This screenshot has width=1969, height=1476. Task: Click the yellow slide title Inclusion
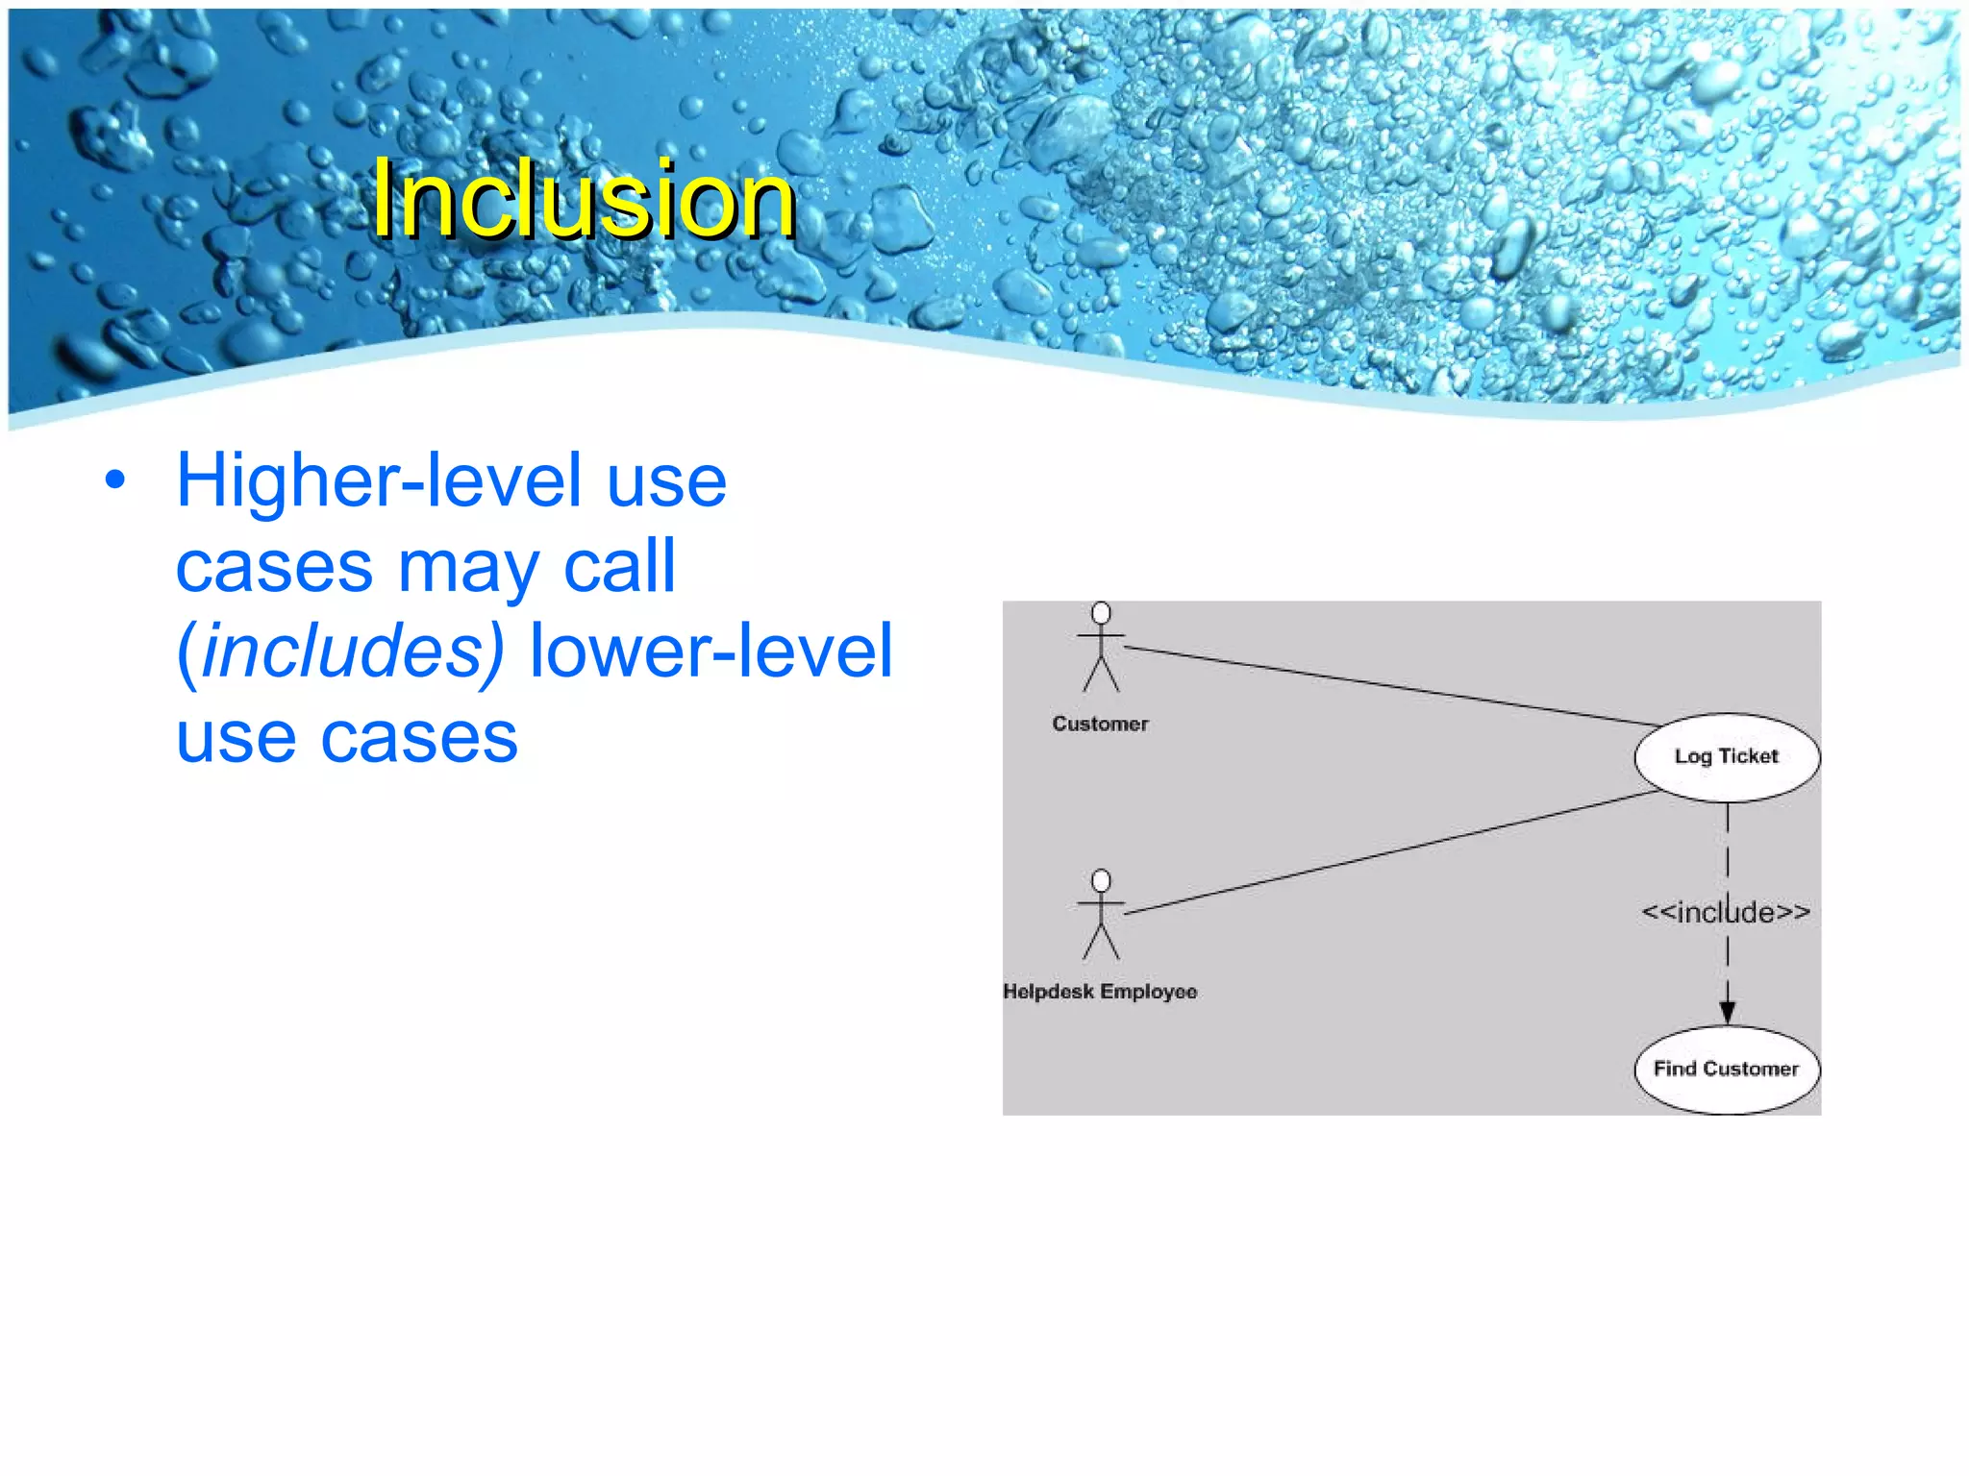tap(584, 199)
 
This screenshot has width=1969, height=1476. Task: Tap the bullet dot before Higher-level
tap(115, 480)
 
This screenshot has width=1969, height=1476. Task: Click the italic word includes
tap(352, 651)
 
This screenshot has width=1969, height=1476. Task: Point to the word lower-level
tap(711, 651)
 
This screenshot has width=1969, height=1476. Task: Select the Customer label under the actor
tap(1100, 724)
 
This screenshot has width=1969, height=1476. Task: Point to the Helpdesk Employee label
tap(1100, 991)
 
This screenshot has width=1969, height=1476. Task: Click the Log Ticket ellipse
tap(1727, 757)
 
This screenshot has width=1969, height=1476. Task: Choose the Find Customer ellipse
tap(1727, 1070)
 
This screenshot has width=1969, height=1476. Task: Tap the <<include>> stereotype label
tap(1726, 911)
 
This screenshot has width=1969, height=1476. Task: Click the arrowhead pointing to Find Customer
tap(1728, 1012)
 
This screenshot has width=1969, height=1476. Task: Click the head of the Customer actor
tap(1102, 613)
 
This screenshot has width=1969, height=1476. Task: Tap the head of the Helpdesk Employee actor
tap(1102, 880)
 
